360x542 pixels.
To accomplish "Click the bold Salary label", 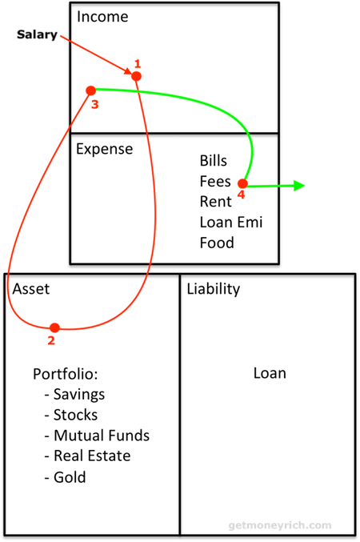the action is click(37, 34).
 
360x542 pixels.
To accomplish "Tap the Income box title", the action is click(102, 17).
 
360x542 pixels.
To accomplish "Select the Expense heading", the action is click(104, 150).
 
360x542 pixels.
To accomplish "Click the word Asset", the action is click(30, 289).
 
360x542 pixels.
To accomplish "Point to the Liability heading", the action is click(213, 289).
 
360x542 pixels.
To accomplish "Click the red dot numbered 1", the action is click(137, 76).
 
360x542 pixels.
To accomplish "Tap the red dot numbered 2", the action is click(54, 327).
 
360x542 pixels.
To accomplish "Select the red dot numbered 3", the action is click(91, 90).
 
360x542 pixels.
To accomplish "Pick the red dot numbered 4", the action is click(243, 183).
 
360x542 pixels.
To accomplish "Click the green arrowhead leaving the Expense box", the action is click(299, 186).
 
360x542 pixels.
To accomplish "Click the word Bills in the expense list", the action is click(213, 161).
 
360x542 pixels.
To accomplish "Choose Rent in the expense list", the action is click(215, 202).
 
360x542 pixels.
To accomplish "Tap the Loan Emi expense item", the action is click(231, 223).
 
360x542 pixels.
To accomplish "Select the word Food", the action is click(217, 243).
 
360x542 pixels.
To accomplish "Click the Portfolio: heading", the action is click(66, 374).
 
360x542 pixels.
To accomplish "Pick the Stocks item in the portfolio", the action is click(75, 415).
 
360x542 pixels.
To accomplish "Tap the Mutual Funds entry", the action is click(102, 436).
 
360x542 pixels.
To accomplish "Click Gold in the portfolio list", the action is click(70, 477).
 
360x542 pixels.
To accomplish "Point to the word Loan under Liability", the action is click(270, 373).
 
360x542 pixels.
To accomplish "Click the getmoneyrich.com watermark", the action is click(280, 525).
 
